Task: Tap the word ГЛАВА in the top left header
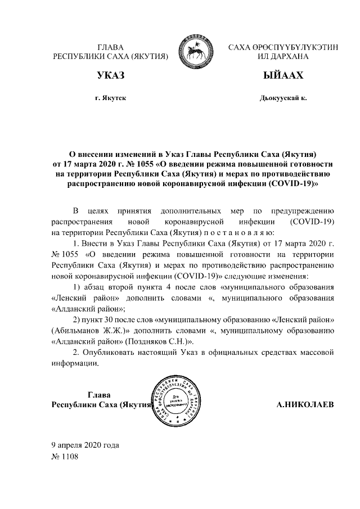pyautogui.click(x=110, y=47)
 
